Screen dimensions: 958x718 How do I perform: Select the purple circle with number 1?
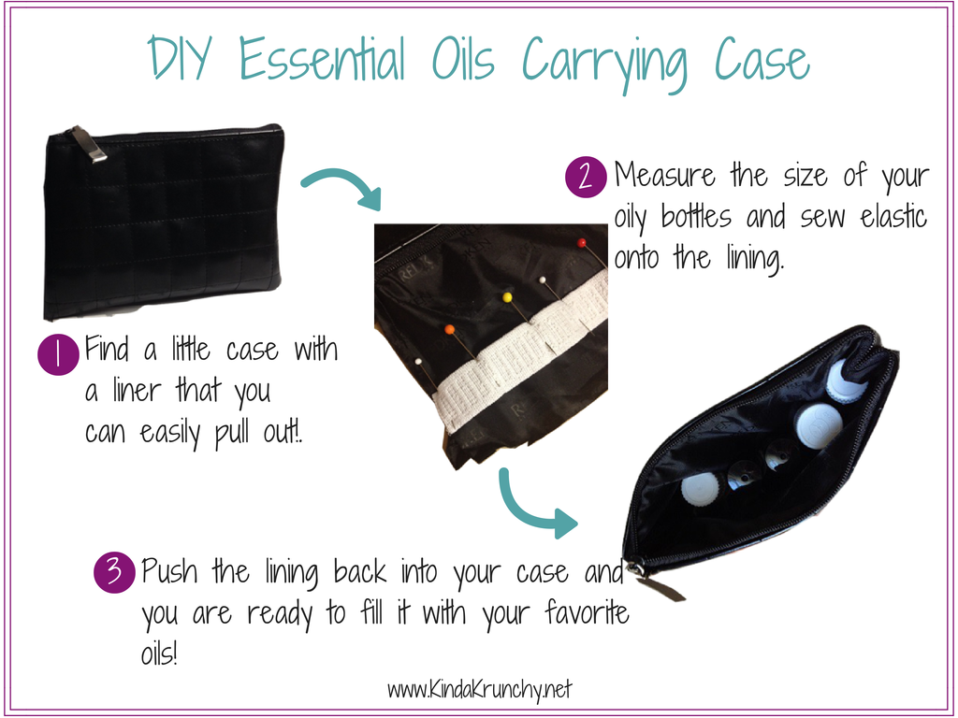(58, 354)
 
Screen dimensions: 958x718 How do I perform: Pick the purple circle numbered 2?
(586, 177)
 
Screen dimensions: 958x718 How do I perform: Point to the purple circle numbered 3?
(114, 572)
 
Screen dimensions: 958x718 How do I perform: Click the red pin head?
(582, 243)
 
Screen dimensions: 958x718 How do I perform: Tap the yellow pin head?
(507, 297)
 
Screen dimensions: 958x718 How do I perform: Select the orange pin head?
(450, 330)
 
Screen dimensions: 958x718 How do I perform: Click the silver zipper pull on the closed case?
(88, 145)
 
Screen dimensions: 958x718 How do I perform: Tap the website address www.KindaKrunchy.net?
(480, 690)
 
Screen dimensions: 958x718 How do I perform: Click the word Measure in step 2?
(665, 175)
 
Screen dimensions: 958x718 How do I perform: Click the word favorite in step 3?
(587, 612)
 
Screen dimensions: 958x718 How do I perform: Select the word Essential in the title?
(322, 58)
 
